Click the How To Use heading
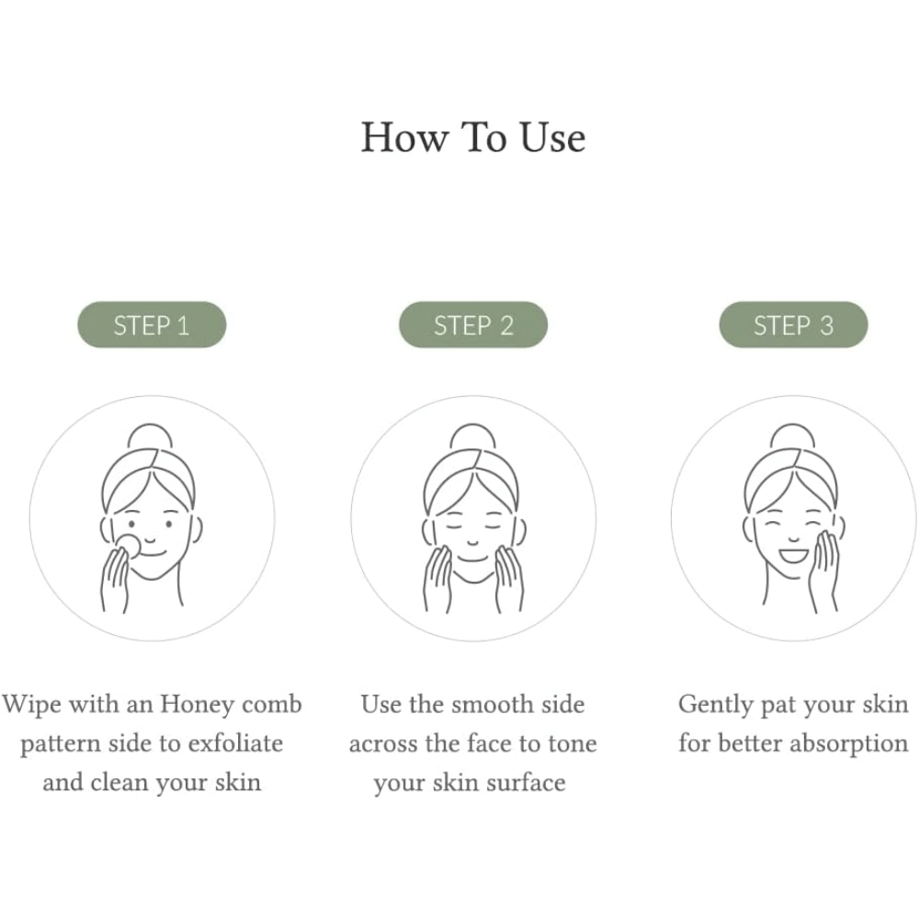point(473,138)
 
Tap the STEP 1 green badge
point(152,324)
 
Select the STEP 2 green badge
point(473,324)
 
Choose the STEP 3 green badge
point(793,324)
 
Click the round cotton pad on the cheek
point(129,545)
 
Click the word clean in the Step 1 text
point(119,783)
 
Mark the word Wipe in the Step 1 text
point(31,705)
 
